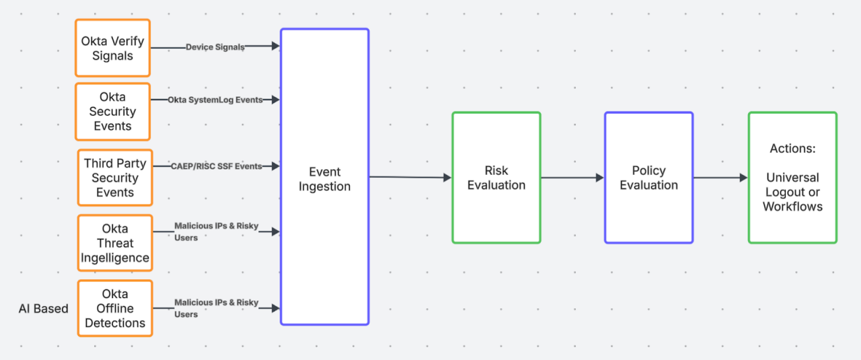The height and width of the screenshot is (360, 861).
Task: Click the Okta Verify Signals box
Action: point(112,48)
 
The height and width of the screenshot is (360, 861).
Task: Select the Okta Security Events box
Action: point(112,112)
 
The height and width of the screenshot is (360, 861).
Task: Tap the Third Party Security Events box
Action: point(115,178)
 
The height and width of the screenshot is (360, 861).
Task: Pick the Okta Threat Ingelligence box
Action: point(115,243)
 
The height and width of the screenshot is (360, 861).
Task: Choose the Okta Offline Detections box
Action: point(115,308)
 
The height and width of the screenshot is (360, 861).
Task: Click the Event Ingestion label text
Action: point(325,179)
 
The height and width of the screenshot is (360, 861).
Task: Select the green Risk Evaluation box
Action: point(496,178)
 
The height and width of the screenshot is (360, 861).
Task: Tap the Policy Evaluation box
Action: point(648,178)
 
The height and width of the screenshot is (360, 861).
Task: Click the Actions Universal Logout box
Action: point(792,178)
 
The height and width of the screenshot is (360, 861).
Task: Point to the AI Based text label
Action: point(43,309)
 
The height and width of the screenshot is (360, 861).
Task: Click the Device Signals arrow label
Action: point(215,47)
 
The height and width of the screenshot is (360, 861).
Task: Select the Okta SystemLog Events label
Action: point(215,100)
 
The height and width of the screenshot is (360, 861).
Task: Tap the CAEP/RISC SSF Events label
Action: point(216,166)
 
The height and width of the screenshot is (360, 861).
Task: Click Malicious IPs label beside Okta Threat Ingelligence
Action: point(216,231)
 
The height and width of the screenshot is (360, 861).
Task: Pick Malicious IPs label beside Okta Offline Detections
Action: point(216,308)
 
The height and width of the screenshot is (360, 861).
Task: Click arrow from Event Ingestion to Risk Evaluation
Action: point(410,177)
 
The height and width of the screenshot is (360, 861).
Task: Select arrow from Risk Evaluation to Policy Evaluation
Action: point(572,178)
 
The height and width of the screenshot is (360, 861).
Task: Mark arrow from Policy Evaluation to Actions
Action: point(720,178)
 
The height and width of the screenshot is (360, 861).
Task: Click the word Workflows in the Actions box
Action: point(792,207)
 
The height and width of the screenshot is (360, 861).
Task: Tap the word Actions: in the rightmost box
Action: point(792,148)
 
